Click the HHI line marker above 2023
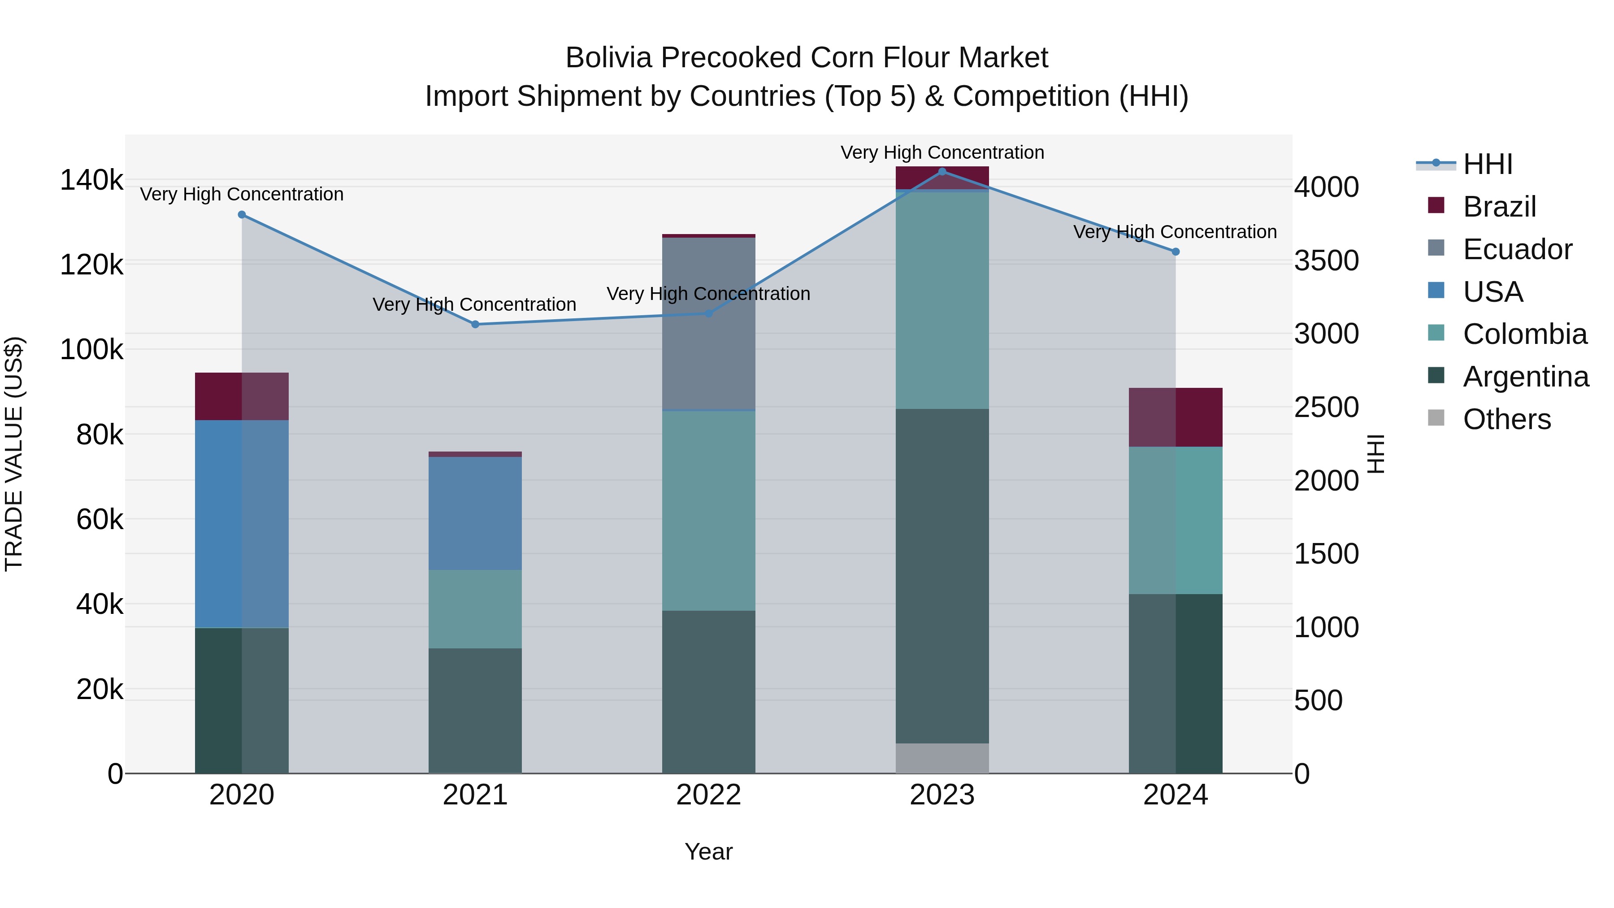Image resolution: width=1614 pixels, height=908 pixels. coord(941,172)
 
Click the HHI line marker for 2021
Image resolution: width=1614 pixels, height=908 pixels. coord(475,324)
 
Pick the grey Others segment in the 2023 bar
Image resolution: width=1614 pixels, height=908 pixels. coord(941,758)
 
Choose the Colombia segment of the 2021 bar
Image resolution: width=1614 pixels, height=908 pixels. coord(475,608)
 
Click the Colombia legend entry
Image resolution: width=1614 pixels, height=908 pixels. coord(1524,334)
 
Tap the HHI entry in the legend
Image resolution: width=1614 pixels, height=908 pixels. coord(1488,164)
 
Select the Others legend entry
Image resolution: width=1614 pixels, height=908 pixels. coord(1506,419)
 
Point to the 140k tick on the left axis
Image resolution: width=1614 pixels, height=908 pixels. coord(91,180)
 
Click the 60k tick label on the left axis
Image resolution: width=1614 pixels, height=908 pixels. coord(100,520)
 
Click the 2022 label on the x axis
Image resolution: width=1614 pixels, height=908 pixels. coord(709,795)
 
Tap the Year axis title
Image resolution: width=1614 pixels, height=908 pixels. coord(709,852)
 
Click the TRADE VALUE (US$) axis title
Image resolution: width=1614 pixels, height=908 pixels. coord(14,454)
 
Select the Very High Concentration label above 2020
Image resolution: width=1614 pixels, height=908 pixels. coord(242,194)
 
